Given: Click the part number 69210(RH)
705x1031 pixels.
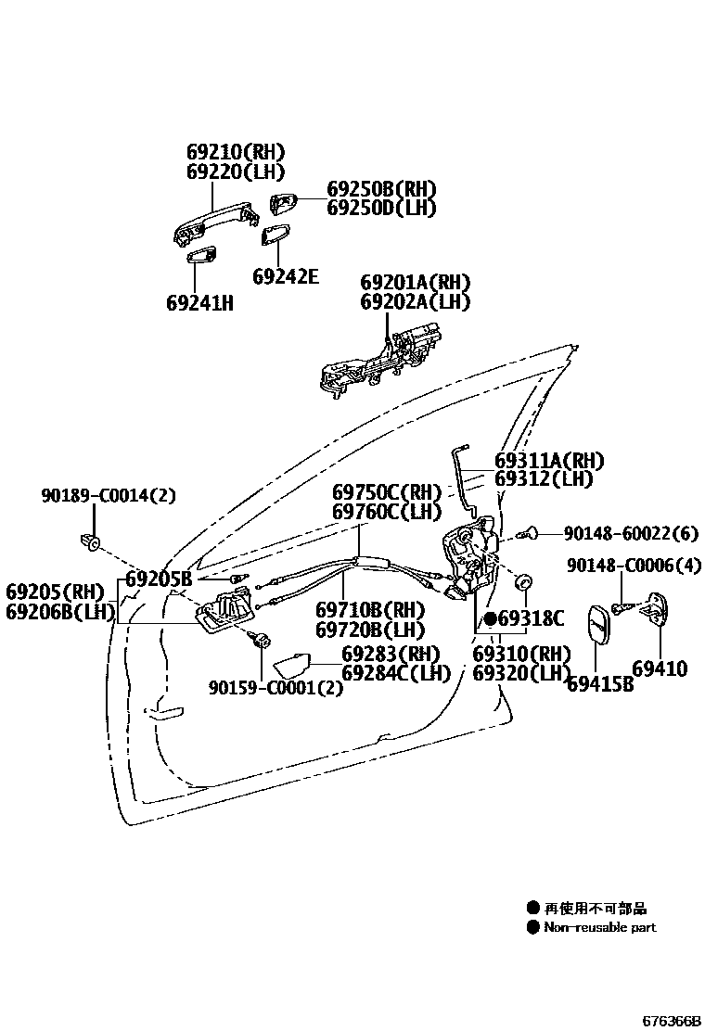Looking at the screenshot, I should (235, 152).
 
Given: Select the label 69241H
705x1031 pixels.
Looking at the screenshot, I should (199, 302).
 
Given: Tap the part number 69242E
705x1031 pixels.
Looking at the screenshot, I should (286, 276).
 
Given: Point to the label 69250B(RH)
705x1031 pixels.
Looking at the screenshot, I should (380, 188).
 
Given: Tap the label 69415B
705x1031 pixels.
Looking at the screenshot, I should (600, 684).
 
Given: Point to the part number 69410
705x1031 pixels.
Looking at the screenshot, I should (660, 668).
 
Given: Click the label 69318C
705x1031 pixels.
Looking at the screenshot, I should (531, 618).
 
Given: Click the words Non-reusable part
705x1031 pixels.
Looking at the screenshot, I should (599, 927).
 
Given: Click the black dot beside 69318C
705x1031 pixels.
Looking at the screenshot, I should (490, 618).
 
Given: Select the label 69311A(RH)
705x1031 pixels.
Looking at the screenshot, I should (549, 461).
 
